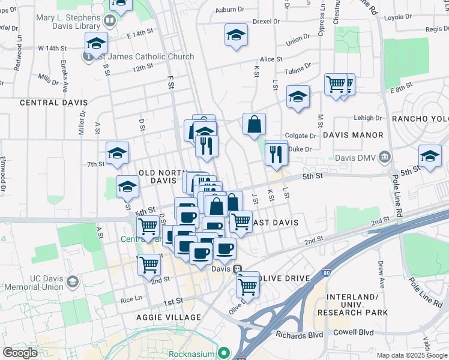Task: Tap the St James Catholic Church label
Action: tap(143, 57)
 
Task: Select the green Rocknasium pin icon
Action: tap(224, 353)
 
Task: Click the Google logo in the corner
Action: tap(20, 353)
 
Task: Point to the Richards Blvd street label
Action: tap(299, 334)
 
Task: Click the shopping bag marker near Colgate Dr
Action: tap(255, 124)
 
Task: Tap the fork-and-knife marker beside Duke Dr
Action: tap(276, 153)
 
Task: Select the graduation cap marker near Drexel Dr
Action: tap(237, 35)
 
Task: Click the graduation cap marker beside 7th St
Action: tap(118, 154)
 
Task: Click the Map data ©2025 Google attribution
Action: tap(411, 355)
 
